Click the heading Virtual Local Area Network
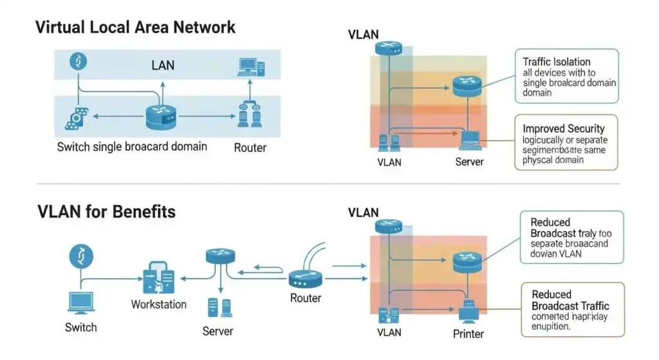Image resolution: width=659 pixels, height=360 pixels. pos(135,28)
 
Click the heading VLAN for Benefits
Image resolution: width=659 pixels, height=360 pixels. pos(106,211)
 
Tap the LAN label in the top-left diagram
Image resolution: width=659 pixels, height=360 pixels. pos(162,65)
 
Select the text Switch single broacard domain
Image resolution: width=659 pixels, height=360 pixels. pos(132,147)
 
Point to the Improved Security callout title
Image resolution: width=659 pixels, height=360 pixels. pos(563,129)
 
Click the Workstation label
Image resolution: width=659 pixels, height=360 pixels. pos(158,304)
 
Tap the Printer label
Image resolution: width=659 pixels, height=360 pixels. pos(469,334)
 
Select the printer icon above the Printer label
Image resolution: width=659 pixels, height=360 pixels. pos(469,312)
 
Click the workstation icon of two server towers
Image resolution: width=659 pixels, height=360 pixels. pos(158,277)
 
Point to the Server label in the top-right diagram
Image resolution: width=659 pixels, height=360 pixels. pos(469,162)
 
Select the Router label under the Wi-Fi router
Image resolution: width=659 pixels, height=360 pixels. pos(306,298)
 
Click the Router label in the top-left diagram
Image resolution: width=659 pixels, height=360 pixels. pos(250,148)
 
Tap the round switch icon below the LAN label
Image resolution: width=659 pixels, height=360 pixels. pos(161,117)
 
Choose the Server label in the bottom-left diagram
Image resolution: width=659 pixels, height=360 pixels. pos(218,331)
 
